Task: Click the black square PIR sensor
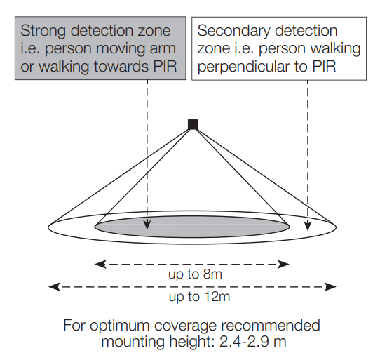click(193, 124)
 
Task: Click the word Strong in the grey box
click(43, 32)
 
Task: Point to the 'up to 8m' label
click(195, 274)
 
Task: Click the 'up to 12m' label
click(199, 297)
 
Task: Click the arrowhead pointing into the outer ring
click(308, 225)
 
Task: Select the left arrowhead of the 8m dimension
click(100, 264)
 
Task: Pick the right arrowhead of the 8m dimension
click(283, 264)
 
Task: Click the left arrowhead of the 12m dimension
click(54, 286)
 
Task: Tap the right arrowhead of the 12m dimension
click(330, 286)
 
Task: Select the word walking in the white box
click(335, 49)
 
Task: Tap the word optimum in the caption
click(119, 326)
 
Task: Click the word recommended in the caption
click(271, 326)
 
